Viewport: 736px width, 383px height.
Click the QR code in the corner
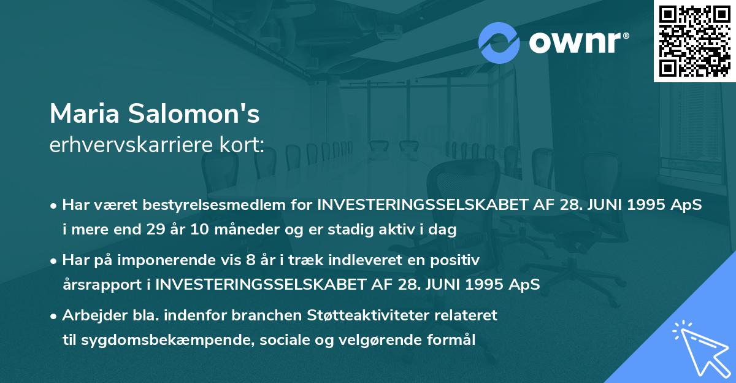694,41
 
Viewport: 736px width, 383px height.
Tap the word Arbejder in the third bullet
90,315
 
